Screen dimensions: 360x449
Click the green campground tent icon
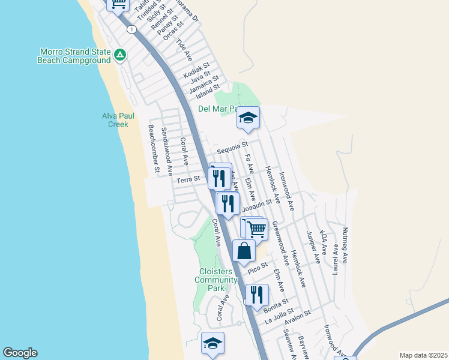click(120, 55)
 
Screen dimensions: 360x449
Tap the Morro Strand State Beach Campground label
click(74, 56)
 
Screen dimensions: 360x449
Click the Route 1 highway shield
click(130, 29)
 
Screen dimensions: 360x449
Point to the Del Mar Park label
click(219, 109)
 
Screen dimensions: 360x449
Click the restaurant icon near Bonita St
click(257, 295)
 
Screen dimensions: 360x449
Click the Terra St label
click(188, 179)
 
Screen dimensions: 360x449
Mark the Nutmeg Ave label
click(344, 245)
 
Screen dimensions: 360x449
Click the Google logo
click(20, 353)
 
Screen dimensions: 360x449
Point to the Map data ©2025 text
click(423, 355)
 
